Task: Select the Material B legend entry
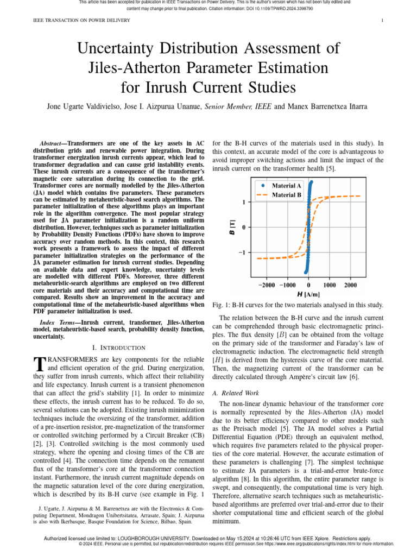pyautogui.click(x=286, y=195)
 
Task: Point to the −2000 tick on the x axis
pyautogui.click(x=266, y=285)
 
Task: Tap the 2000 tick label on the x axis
pyautogui.click(x=350, y=285)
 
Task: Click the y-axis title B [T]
pyautogui.click(x=232, y=228)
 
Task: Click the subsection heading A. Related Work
pyautogui.click(x=236, y=393)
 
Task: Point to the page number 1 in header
pyautogui.click(x=383, y=21)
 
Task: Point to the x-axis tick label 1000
pyautogui.click(x=329, y=285)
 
